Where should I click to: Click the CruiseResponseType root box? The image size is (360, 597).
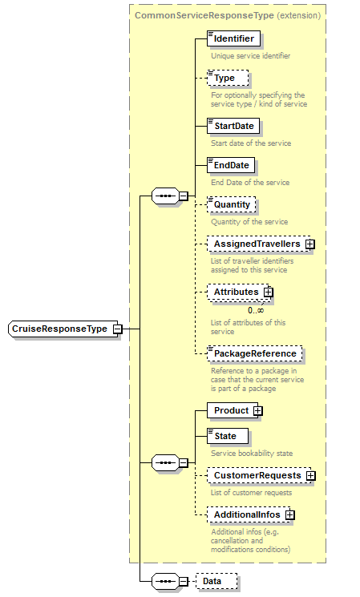(x=59, y=329)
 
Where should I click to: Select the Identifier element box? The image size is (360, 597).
(x=233, y=38)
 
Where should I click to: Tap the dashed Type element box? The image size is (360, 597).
(x=228, y=78)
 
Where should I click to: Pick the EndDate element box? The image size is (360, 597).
(x=231, y=165)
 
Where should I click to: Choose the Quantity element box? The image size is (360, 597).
(x=231, y=204)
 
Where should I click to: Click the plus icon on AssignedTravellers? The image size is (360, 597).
(x=309, y=244)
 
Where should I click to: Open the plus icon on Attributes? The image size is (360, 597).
(x=269, y=292)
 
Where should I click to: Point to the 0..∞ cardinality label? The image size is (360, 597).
(x=256, y=310)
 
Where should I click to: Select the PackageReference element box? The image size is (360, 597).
(x=255, y=353)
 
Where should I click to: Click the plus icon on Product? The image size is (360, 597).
(x=257, y=410)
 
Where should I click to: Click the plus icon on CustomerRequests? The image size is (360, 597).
(x=310, y=475)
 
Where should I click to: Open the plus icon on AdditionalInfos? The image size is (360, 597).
(x=290, y=514)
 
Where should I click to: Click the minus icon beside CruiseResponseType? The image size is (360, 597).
(x=118, y=329)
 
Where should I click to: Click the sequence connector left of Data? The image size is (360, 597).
(x=164, y=581)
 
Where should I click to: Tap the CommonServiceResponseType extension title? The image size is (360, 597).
(x=228, y=15)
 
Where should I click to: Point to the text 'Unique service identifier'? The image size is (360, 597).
(x=250, y=56)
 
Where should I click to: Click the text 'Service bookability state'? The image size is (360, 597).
(x=251, y=453)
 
